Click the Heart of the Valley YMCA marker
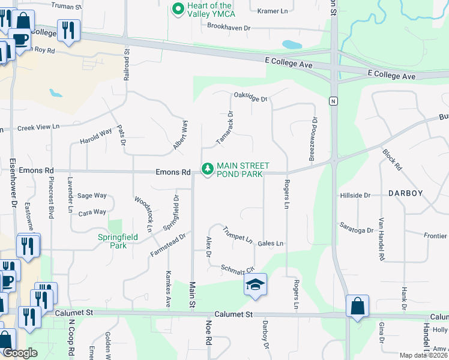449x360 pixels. pos(178,10)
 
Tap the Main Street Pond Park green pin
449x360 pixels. pos(208,170)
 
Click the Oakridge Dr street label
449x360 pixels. pos(250,96)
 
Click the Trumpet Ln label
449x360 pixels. pos(238,234)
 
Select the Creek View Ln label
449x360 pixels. pos(39,127)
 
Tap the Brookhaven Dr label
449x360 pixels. pos(228,27)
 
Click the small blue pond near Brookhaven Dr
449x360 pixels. pos(292,44)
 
